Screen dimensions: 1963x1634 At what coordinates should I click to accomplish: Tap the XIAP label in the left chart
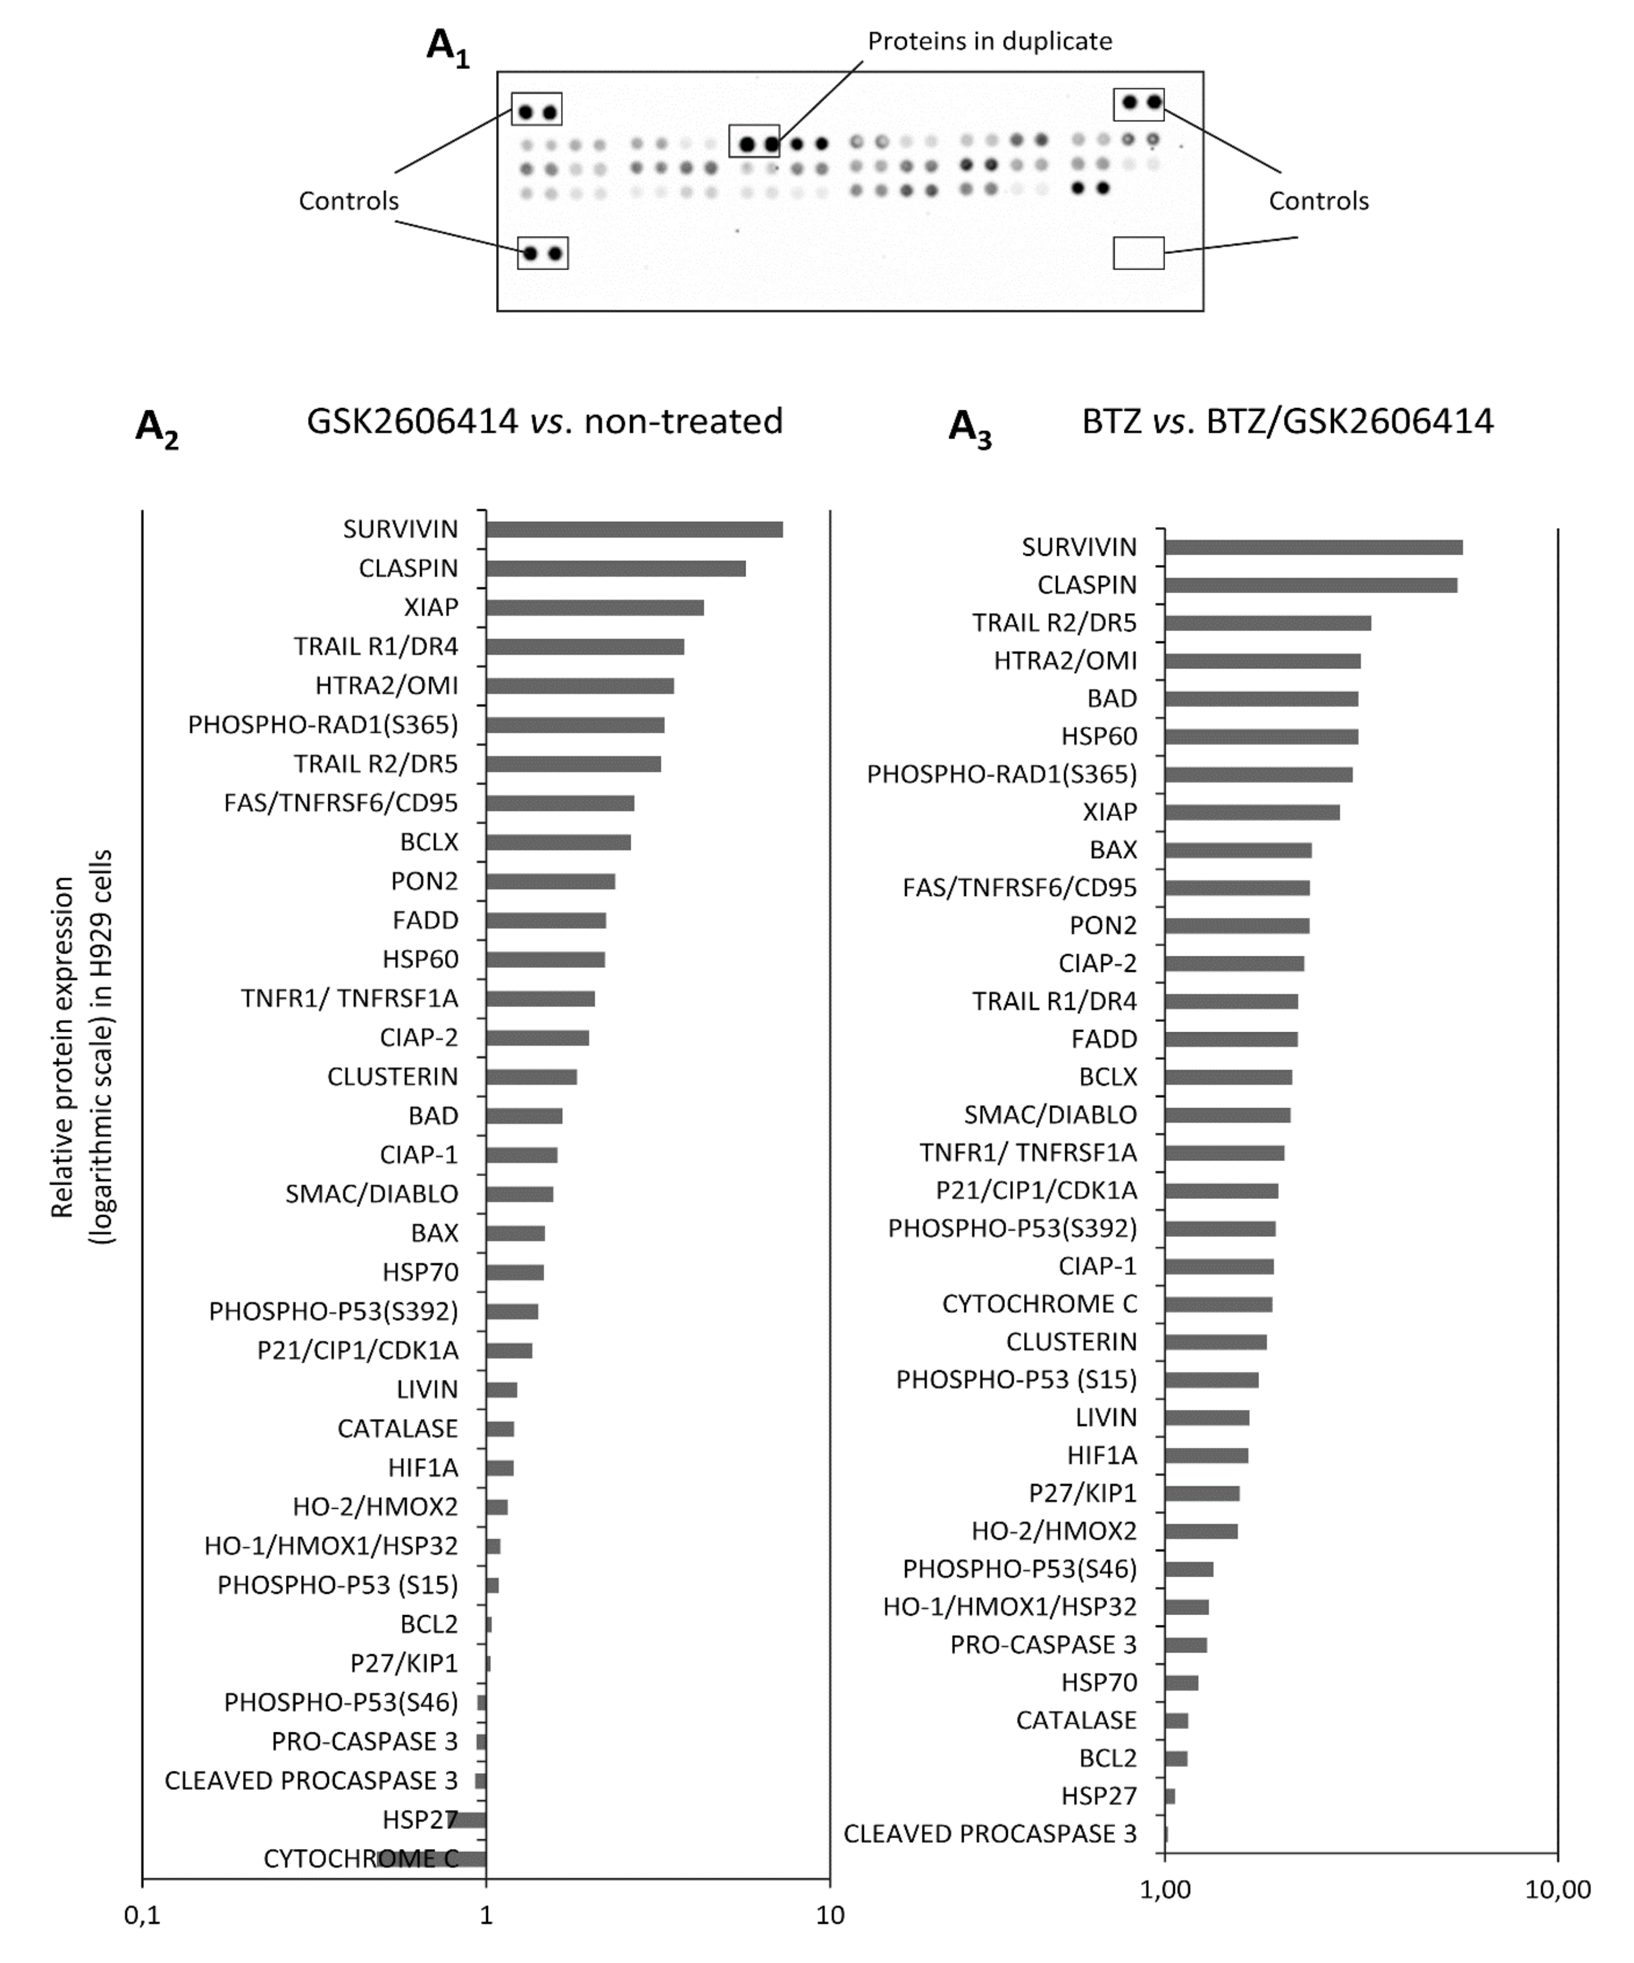pyautogui.click(x=431, y=608)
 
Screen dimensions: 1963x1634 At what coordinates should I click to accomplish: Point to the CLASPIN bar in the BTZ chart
pyautogui.click(x=1311, y=585)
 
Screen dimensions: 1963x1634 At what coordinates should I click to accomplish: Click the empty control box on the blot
pyautogui.click(x=1139, y=252)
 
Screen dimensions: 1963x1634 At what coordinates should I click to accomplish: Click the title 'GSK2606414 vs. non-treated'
pyautogui.click(x=544, y=422)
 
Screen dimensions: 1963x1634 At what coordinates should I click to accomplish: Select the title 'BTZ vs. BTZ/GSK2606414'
pyautogui.click(x=1287, y=422)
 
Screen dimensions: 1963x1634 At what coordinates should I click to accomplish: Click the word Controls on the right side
pyautogui.click(x=1318, y=201)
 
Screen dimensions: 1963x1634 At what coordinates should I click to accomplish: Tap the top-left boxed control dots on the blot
pyautogui.click(x=537, y=110)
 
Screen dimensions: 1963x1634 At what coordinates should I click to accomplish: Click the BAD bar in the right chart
pyautogui.click(x=1261, y=699)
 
